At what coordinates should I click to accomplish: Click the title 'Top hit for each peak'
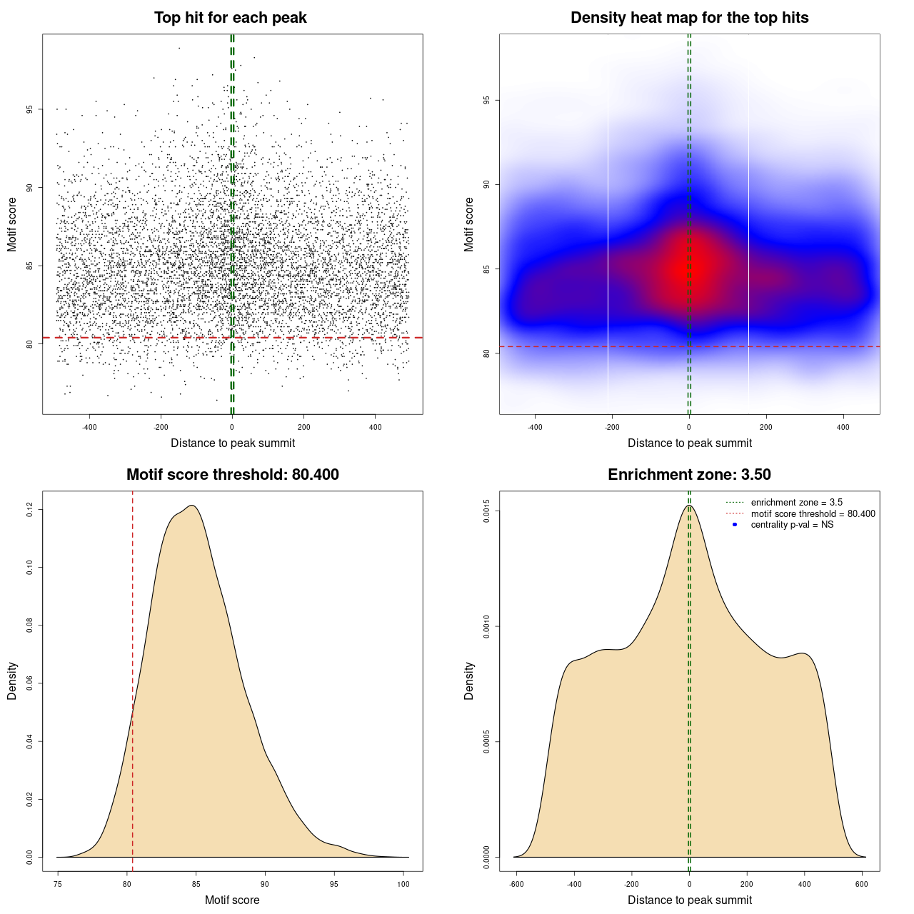coord(230,18)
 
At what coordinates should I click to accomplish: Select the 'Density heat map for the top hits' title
coord(689,18)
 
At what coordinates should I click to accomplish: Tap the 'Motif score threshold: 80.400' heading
coord(232,475)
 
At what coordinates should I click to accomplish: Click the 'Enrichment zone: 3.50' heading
coord(689,475)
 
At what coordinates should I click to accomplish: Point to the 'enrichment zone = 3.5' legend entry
coord(796,503)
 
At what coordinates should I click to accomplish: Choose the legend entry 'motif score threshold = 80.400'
coord(813,513)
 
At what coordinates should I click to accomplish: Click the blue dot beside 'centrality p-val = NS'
coord(735,525)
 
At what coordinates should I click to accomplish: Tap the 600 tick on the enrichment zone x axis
coord(862,884)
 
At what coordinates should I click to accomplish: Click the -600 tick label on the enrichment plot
coord(516,884)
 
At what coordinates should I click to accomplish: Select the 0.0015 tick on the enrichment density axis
coord(486,511)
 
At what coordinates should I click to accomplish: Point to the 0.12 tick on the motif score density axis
coord(29,510)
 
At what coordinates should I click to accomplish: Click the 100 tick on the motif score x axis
coord(403,884)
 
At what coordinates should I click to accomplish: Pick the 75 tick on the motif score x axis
coord(58,884)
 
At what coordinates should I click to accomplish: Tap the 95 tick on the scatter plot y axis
coord(29,109)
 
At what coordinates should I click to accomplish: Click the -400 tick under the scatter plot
coord(89,427)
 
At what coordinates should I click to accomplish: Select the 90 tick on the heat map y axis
coord(486,185)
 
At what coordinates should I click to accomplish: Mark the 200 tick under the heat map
coord(766,427)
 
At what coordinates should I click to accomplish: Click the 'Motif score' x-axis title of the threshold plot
coord(232,900)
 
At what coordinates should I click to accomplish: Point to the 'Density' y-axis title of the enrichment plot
coord(469,681)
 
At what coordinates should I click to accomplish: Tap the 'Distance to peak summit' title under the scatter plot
coord(233,443)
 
